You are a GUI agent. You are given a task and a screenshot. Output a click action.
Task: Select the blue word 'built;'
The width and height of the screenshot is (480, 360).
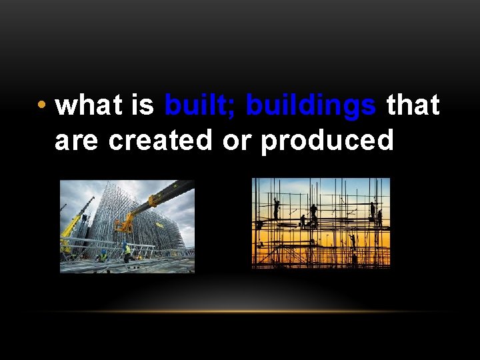[201, 105]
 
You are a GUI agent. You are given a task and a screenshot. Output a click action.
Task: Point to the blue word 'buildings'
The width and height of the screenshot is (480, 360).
[311, 105]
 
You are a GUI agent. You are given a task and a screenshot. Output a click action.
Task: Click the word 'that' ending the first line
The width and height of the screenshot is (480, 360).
[413, 105]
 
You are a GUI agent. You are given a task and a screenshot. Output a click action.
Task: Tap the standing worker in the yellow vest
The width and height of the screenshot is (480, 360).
[127, 252]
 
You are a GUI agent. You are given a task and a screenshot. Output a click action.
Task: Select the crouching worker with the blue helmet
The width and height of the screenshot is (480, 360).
[103, 255]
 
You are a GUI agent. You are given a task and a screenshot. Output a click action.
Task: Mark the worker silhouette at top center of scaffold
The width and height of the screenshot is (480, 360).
[313, 212]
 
